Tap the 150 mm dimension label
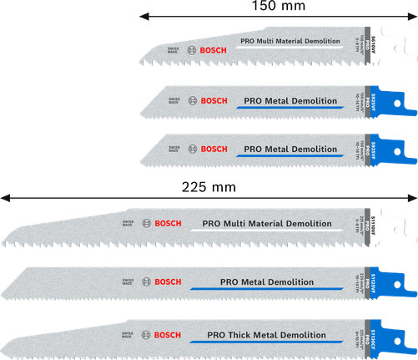click(x=276, y=8)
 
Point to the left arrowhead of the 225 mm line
click(x=4, y=197)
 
